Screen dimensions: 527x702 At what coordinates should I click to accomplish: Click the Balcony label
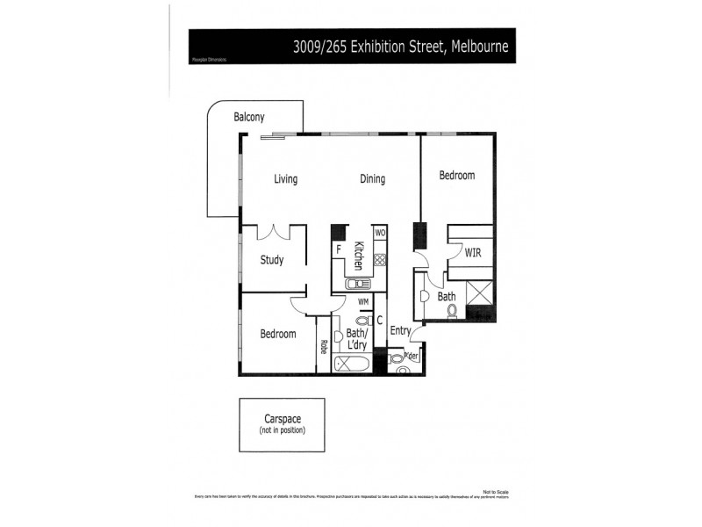(249, 117)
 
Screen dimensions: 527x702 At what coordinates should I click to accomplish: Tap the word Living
(285, 179)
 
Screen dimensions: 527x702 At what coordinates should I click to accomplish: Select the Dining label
(372, 179)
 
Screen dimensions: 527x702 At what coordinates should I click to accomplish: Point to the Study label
(271, 260)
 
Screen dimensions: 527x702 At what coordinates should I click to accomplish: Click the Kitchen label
(359, 256)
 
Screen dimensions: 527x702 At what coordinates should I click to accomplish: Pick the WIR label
(473, 253)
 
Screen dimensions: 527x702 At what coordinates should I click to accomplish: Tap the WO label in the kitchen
(380, 233)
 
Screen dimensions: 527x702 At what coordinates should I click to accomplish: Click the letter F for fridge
(338, 249)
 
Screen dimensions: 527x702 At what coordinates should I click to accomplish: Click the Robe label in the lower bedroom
(323, 348)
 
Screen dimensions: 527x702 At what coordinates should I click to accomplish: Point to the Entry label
(400, 331)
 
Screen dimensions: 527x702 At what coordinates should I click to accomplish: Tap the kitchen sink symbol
(358, 284)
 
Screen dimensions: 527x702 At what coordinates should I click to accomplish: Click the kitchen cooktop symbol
(380, 260)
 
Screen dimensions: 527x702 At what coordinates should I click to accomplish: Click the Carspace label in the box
(282, 419)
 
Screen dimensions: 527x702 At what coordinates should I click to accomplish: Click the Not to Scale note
(495, 491)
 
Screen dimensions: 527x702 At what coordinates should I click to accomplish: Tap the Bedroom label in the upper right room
(456, 176)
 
